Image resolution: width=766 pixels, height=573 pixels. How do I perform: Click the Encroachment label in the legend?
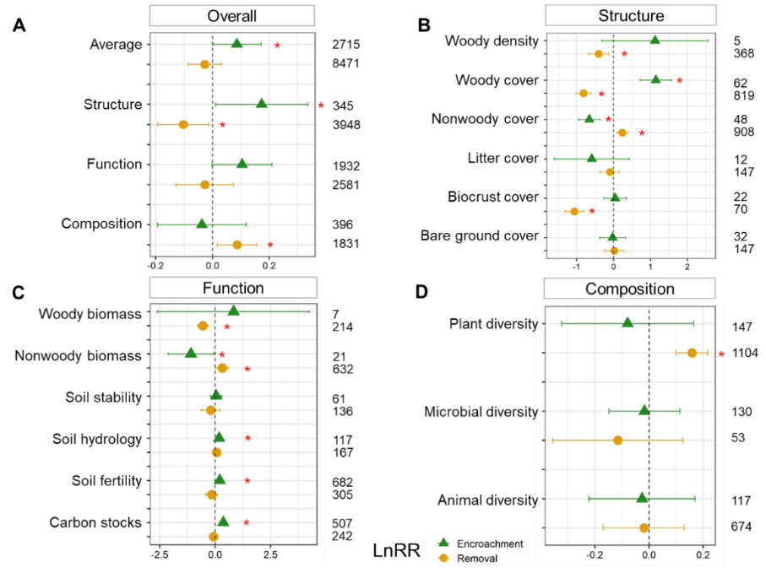click(x=490, y=544)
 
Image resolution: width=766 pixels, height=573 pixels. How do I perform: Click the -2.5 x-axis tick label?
click(x=159, y=555)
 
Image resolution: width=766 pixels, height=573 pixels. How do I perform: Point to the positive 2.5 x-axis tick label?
click(x=269, y=555)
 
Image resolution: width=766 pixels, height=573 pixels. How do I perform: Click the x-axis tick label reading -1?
click(x=576, y=266)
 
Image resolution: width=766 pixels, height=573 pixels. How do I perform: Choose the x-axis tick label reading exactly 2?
click(x=687, y=266)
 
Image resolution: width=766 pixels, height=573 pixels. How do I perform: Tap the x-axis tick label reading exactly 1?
click(x=650, y=266)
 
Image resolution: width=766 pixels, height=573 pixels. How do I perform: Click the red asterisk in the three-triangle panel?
click(x=721, y=354)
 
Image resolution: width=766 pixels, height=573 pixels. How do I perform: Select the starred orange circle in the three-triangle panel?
click(x=692, y=353)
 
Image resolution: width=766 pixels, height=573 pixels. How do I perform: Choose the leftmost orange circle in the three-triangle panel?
click(x=617, y=440)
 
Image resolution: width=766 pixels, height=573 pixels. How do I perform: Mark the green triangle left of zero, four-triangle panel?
click(x=201, y=224)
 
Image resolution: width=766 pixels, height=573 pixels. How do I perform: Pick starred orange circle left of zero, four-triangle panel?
click(x=183, y=124)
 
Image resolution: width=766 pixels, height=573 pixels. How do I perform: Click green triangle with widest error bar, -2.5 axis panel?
click(x=233, y=311)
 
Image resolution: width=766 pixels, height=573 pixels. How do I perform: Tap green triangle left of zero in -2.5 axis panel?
click(x=191, y=353)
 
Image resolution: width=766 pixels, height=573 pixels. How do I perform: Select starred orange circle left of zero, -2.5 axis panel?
click(x=203, y=326)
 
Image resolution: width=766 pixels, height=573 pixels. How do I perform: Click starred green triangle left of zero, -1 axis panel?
click(x=589, y=118)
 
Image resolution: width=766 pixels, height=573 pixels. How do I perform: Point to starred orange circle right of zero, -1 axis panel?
click(x=622, y=132)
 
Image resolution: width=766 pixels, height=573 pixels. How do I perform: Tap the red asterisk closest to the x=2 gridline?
click(x=679, y=81)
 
